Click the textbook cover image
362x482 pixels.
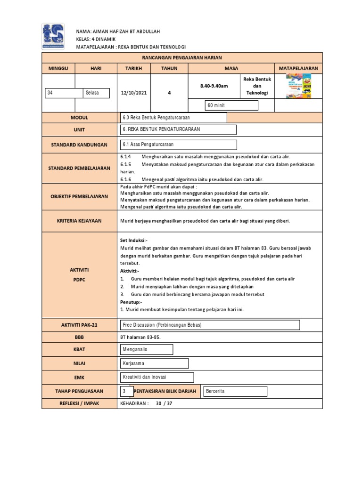coord(299,87)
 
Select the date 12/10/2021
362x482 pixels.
coord(134,93)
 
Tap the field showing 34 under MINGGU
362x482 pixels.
coord(64,93)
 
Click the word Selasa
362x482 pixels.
coord(96,93)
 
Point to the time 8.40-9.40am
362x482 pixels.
coord(214,86)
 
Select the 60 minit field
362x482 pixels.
coord(231,105)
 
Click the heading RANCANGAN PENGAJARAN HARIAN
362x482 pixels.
coord(181,57)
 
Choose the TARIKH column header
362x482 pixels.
coord(133,68)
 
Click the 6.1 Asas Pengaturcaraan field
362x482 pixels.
coord(179,145)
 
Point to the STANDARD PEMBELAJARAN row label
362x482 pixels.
coord(79,168)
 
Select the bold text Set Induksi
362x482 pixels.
coord(134,240)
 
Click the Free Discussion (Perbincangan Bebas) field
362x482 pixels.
coord(210,325)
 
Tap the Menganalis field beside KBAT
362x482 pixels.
coord(147,350)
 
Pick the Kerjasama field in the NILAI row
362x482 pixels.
coord(155,363)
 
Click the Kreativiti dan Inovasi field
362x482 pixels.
coord(157,378)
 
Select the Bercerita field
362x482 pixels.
coord(235,391)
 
